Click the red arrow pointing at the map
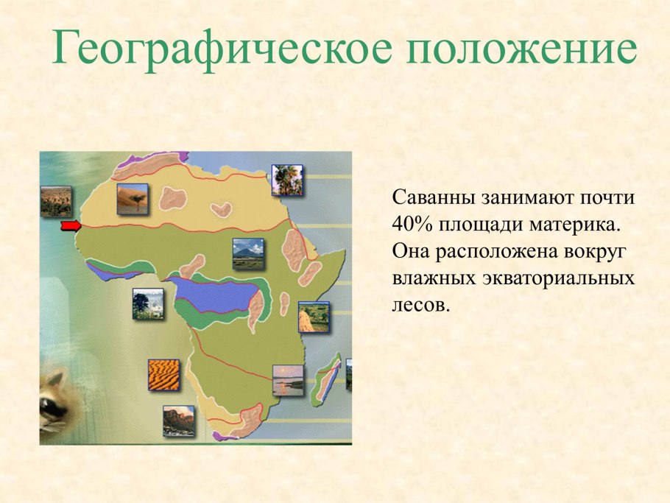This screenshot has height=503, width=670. pyautogui.click(x=71, y=225)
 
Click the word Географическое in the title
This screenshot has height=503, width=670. pyautogui.click(x=222, y=47)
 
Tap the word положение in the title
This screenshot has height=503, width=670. pyautogui.click(x=521, y=47)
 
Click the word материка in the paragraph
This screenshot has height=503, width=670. pyautogui.click(x=575, y=225)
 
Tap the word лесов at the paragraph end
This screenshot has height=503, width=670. pyautogui.click(x=421, y=305)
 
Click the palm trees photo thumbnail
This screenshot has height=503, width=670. pyautogui.click(x=286, y=180)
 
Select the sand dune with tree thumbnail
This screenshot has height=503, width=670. pyautogui.click(x=133, y=199)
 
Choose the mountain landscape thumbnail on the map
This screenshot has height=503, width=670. pyautogui.click(x=248, y=254)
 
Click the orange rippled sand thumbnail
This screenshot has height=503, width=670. pyautogui.click(x=163, y=374)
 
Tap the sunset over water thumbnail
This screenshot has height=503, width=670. pyautogui.click(x=288, y=380)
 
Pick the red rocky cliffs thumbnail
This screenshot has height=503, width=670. pyautogui.click(x=179, y=421)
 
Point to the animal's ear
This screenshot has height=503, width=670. pyautogui.click(x=55, y=379)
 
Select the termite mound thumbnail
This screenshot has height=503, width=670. pyautogui.click(x=314, y=317)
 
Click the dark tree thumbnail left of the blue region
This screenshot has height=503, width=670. pyautogui.click(x=148, y=304)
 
